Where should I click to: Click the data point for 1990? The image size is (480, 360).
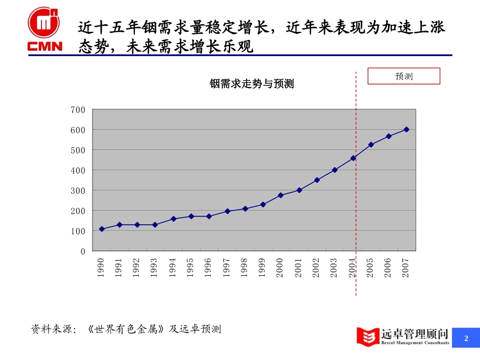(x=102, y=229)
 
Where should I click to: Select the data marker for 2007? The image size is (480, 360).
(x=406, y=129)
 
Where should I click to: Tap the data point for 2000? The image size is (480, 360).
(x=280, y=195)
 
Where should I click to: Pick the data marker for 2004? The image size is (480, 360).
(x=353, y=158)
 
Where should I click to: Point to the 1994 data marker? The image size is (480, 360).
(x=173, y=219)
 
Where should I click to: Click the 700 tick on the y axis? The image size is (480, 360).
(x=78, y=110)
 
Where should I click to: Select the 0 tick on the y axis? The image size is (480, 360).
(x=83, y=251)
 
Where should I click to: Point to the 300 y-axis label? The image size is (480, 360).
(x=78, y=190)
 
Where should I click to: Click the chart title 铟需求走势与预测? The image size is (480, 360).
(x=252, y=84)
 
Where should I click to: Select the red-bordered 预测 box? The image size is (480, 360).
(x=404, y=76)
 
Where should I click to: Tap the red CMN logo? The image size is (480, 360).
(x=44, y=29)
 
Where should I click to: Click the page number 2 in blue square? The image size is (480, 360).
(x=466, y=338)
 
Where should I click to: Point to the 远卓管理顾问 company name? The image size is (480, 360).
(x=415, y=333)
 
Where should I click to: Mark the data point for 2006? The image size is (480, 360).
(x=389, y=136)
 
